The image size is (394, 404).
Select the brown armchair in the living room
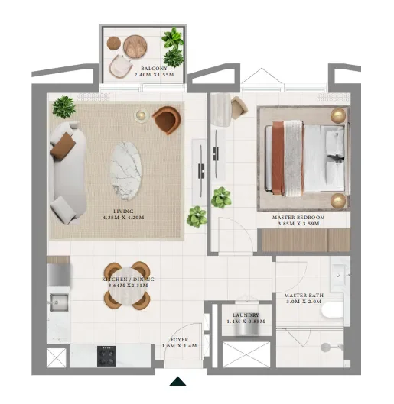click(167, 120)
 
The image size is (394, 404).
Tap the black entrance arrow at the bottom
click(178, 382)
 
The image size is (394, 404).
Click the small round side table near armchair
click(141, 115)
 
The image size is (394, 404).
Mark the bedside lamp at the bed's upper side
click(337, 115)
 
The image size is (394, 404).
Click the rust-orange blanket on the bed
click(278, 157)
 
